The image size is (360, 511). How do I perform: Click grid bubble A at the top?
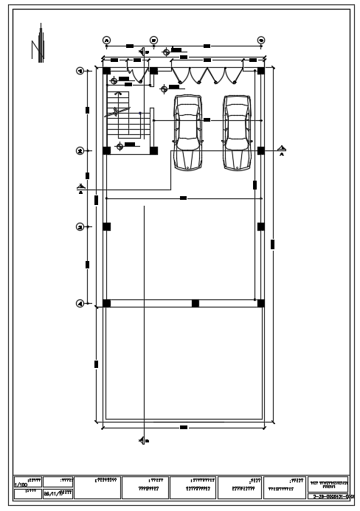click(106, 40)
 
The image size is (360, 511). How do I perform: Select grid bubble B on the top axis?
click(153, 40)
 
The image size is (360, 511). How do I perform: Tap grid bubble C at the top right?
click(260, 40)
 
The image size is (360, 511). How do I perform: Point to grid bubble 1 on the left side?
click(80, 71)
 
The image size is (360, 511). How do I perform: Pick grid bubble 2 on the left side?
click(80, 150)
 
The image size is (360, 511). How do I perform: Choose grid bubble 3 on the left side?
click(80, 226)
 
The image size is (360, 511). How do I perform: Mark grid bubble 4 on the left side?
click(80, 302)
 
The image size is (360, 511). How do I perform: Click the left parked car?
click(187, 131)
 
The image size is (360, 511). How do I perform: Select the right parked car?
click(237, 131)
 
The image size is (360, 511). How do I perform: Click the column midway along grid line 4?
click(195, 302)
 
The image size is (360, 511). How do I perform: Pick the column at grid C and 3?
click(260, 226)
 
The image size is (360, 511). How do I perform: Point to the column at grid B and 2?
click(153, 150)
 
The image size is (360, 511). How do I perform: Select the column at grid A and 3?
click(106, 226)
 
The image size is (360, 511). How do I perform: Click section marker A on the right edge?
click(282, 150)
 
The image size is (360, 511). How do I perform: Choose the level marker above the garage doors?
click(166, 51)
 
